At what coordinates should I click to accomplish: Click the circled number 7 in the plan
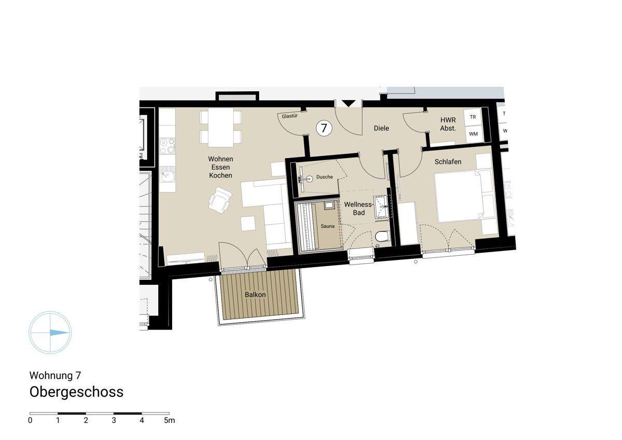click(x=324, y=128)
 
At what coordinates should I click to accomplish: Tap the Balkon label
click(x=255, y=295)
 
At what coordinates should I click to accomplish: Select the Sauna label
click(x=327, y=226)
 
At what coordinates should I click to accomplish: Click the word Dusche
click(x=324, y=177)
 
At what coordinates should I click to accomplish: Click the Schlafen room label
click(x=448, y=162)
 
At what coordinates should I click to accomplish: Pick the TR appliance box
click(x=473, y=117)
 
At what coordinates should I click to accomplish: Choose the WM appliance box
click(x=473, y=134)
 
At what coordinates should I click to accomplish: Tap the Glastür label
click(x=289, y=116)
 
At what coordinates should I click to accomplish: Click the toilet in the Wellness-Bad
click(x=383, y=238)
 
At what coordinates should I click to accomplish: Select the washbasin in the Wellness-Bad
click(x=382, y=206)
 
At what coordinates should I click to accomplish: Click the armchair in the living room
click(x=220, y=200)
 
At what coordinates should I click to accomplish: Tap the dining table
click(x=220, y=128)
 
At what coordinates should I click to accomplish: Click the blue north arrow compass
click(x=50, y=333)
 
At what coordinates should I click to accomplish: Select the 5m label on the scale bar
click(x=169, y=420)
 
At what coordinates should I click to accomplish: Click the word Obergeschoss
click(x=77, y=392)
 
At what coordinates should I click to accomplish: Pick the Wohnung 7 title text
click(x=55, y=375)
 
